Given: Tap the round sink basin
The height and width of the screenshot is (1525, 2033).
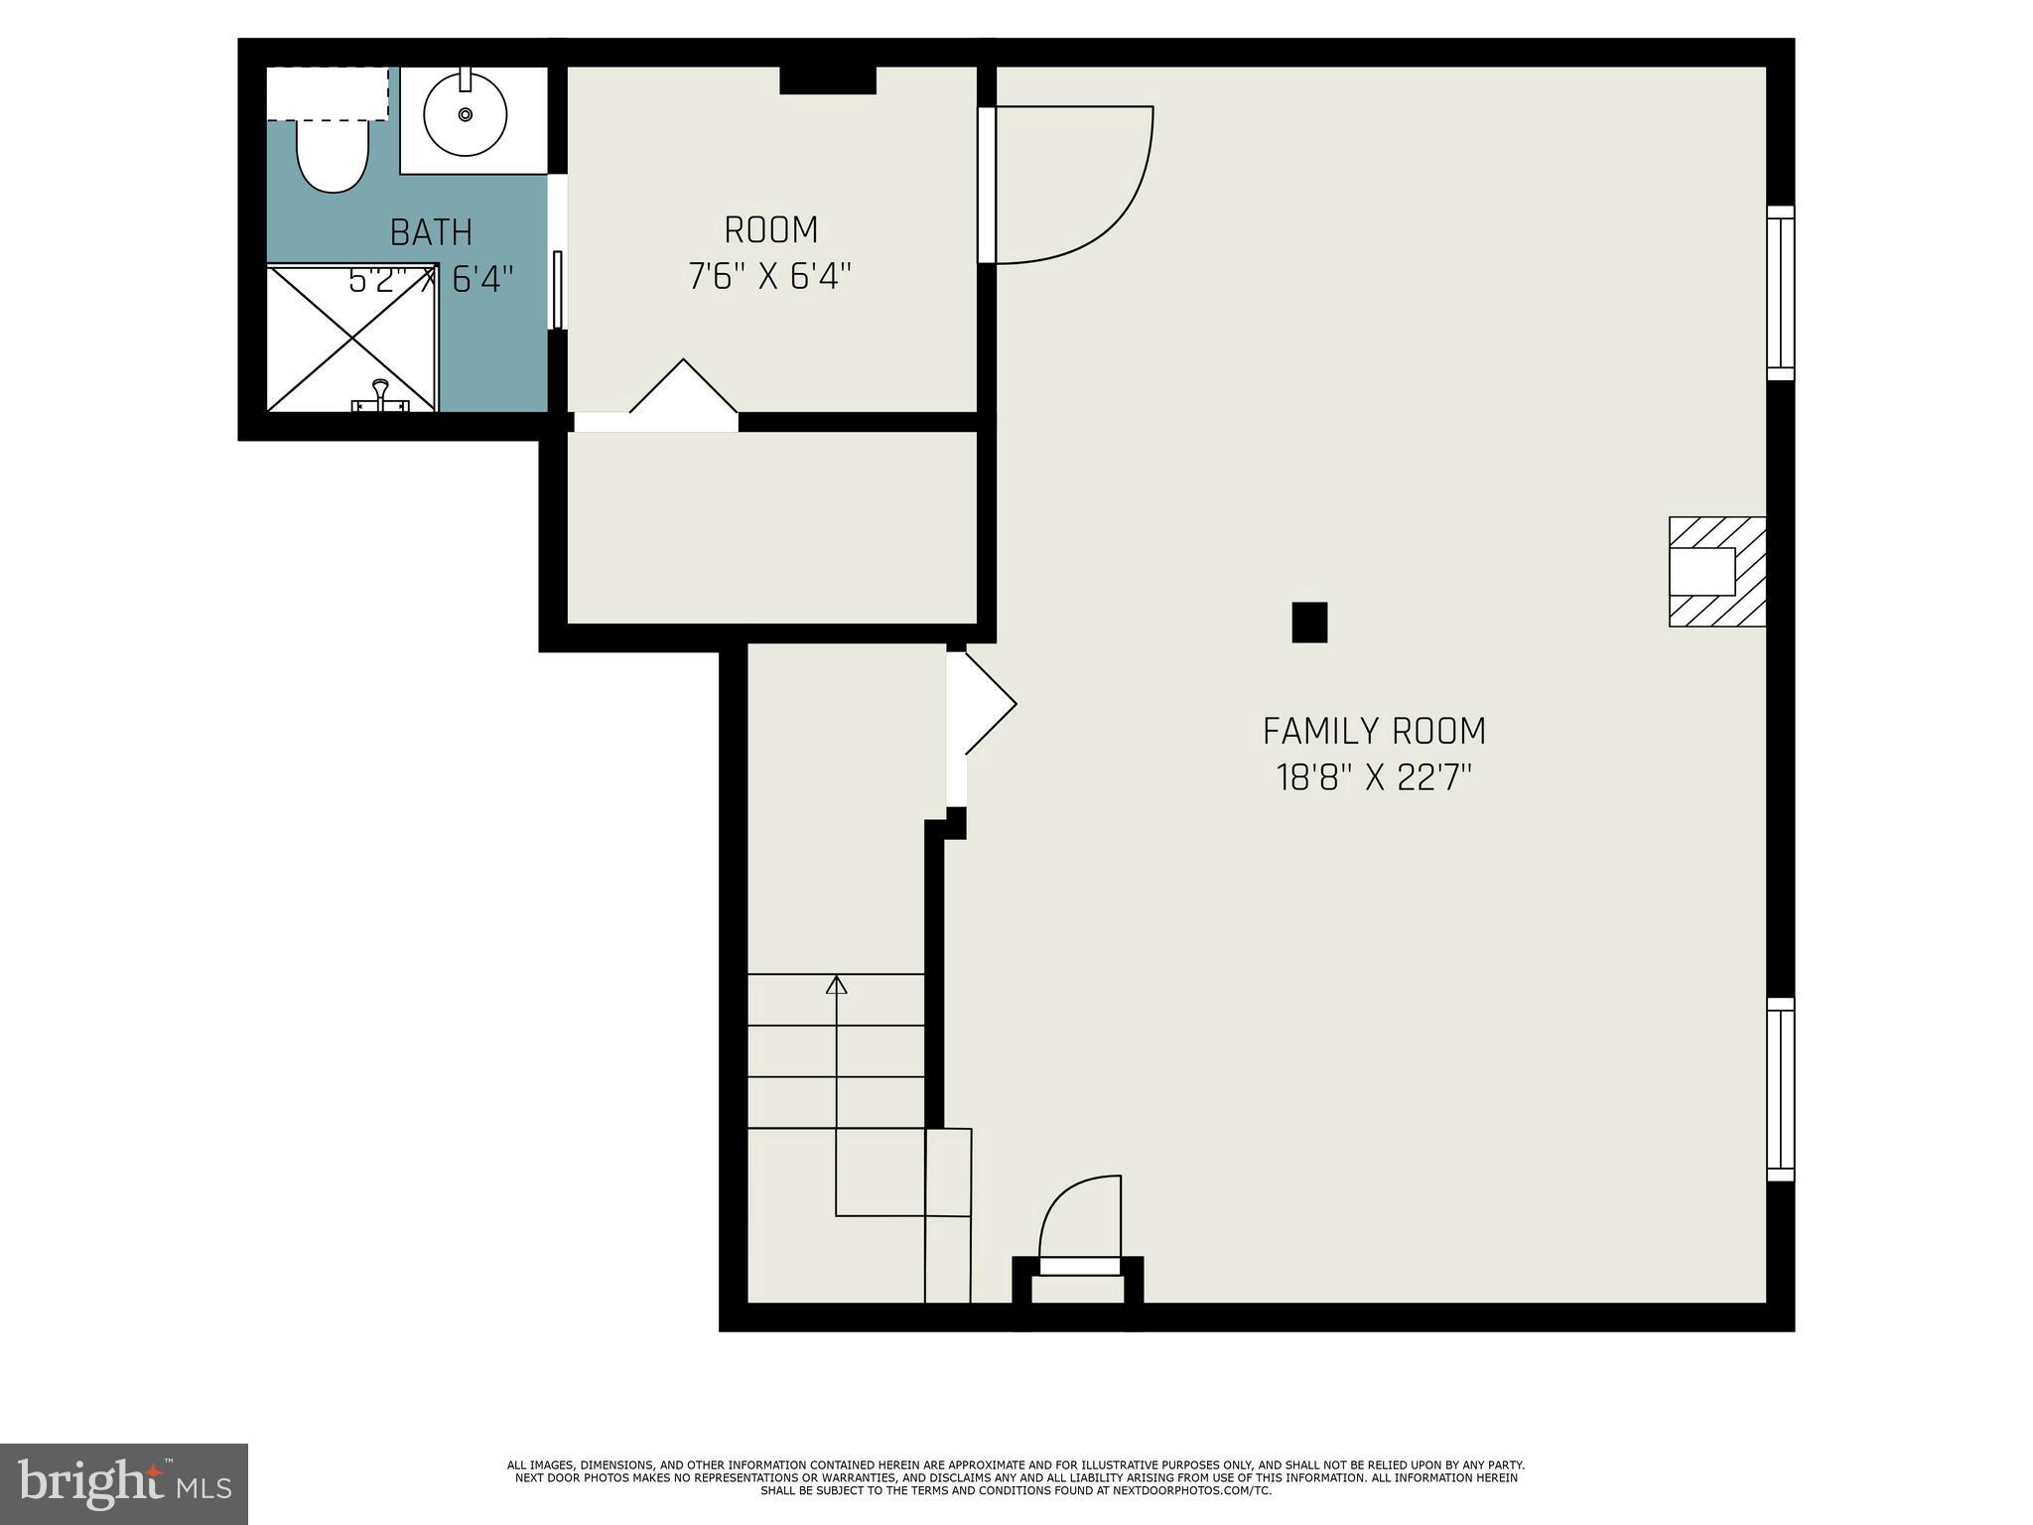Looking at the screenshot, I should coord(466,113).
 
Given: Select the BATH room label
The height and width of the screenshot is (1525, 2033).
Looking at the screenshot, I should coord(431,232).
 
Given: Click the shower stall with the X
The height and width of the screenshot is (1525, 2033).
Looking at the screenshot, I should coord(352,338).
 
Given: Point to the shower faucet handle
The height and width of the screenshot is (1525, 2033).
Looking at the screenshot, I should coord(380,394).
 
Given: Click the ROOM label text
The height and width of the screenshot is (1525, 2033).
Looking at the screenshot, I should coord(770,230).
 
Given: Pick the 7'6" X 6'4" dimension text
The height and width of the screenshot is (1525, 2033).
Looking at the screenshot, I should coord(770,276).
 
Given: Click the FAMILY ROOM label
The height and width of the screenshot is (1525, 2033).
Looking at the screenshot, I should coord(1374,732).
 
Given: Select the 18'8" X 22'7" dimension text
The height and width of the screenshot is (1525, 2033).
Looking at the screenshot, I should coord(1374,777).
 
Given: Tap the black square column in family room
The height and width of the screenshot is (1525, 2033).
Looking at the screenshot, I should coord(1309,623).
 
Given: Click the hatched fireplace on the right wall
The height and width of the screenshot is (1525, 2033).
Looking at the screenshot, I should coord(1716,572).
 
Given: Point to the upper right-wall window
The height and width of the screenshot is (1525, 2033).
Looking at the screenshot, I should coord(1780,293).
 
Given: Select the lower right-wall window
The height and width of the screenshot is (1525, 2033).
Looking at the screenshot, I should coord(1780,1089).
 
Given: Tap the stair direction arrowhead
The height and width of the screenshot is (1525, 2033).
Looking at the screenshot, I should coord(837,985).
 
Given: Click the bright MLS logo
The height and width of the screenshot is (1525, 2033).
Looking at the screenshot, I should coord(124,1483).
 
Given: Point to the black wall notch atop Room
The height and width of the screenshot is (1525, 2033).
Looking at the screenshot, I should coord(827,79).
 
